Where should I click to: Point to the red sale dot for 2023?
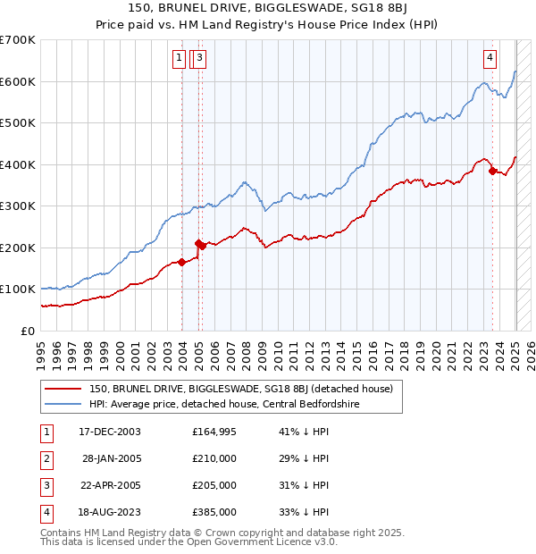coord(492,171)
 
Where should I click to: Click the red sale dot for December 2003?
coord(182,262)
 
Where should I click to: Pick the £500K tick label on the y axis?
coord(17,122)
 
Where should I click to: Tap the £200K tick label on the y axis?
coord(17,248)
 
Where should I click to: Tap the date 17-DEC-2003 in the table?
coord(110,432)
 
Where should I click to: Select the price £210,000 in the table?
coord(214,458)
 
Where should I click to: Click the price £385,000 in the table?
coord(214,512)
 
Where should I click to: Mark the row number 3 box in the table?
coord(46,485)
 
